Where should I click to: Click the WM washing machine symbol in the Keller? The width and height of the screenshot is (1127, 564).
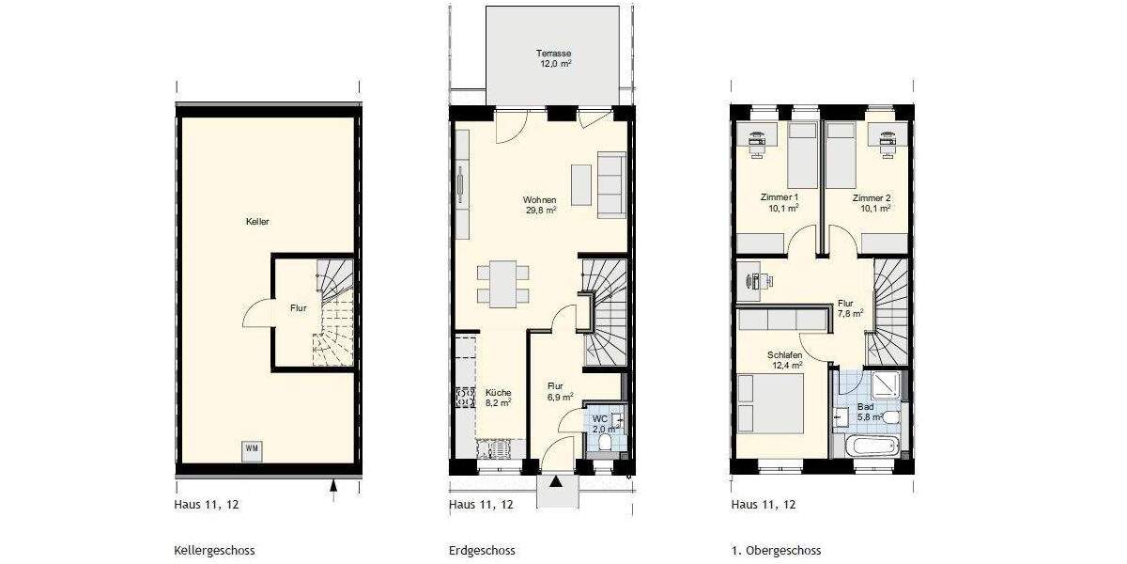[x=252, y=448]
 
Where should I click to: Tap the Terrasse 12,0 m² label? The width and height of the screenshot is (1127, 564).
[x=554, y=58]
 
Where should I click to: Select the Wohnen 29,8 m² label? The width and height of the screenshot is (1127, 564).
[x=541, y=205]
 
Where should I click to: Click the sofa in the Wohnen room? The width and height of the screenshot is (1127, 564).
[x=610, y=184]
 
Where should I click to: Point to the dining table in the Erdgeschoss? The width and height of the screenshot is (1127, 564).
[x=497, y=284]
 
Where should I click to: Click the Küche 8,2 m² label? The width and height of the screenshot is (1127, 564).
[x=498, y=398]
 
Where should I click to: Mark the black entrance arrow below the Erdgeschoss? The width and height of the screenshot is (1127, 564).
[x=556, y=482]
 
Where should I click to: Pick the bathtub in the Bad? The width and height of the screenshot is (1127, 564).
[x=872, y=445]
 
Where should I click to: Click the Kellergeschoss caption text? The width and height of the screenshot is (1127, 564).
[x=214, y=551]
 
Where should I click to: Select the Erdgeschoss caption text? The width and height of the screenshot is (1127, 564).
[x=482, y=551]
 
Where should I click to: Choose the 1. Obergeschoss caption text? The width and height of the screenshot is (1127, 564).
[x=776, y=551]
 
